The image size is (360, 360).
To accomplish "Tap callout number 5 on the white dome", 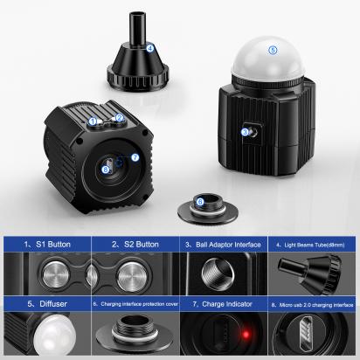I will (273, 50).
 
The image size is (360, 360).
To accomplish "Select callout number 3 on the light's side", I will (245, 132).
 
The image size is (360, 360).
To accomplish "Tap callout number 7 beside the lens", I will (135, 157).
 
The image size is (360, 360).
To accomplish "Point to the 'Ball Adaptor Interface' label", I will (223, 245).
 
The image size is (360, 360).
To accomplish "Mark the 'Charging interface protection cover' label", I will (135, 305).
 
